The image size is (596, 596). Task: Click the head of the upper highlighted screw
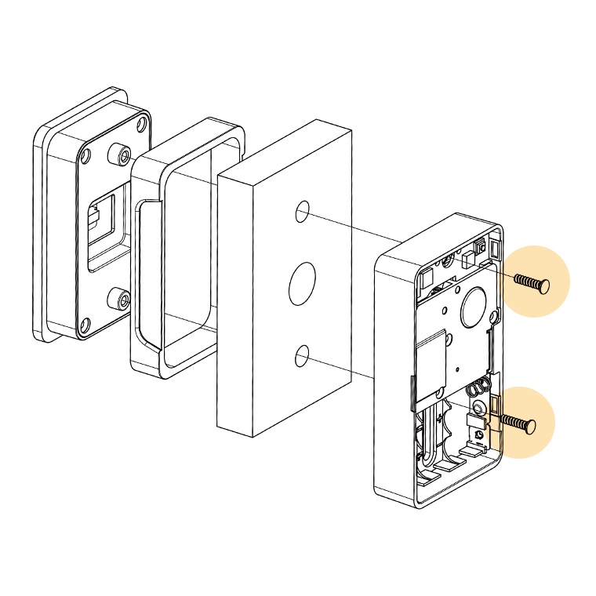click(x=544, y=284)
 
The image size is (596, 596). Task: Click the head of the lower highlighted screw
click(x=530, y=426)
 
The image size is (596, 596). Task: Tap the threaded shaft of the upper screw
click(x=525, y=281)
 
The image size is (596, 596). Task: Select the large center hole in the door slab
click(x=302, y=284)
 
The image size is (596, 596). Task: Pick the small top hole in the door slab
click(x=302, y=212)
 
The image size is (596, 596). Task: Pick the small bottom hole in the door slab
click(x=302, y=357)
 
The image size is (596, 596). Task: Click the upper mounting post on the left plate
click(x=121, y=154)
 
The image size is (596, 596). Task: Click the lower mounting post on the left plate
click(x=119, y=299)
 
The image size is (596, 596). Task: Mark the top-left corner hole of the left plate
click(x=85, y=155)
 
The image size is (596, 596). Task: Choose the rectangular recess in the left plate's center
click(x=102, y=227)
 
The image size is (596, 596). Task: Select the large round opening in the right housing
click(x=476, y=307)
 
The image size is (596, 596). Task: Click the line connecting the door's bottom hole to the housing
click(x=345, y=367)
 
